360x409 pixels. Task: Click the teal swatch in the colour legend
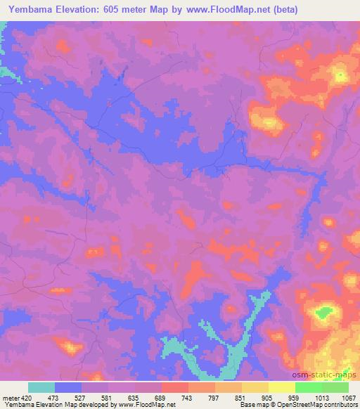41,387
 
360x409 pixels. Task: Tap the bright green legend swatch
309,387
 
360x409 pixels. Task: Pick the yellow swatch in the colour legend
282,387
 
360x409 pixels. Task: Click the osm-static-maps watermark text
330,375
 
